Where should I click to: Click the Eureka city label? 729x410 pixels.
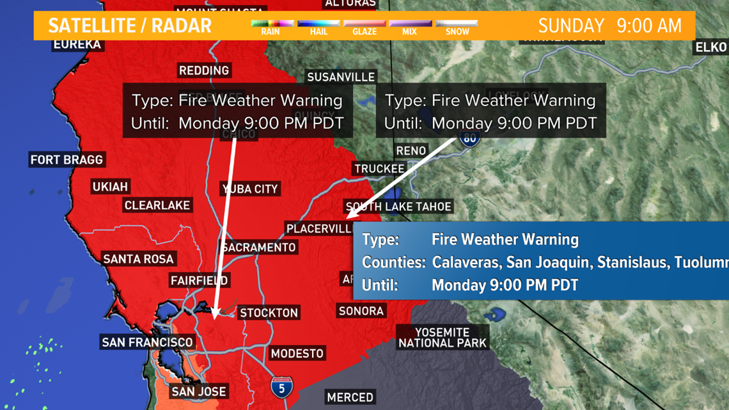[77, 44]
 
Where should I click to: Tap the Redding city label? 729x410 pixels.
[204, 70]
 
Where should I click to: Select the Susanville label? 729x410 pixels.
[341, 77]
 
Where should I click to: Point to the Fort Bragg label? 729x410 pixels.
[67, 160]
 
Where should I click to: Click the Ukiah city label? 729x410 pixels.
[110, 187]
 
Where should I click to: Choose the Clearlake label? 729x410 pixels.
[157, 205]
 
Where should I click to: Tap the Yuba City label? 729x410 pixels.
[250, 189]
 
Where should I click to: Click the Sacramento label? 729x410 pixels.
[259, 247]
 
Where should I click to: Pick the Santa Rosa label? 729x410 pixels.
[138, 258]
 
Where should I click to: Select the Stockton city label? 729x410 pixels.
[269, 313]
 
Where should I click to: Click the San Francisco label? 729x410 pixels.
[147, 342]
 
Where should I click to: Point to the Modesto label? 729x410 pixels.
[297, 353]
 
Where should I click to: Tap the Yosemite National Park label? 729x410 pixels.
[443, 338]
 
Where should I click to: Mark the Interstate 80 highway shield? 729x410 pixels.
[470, 139]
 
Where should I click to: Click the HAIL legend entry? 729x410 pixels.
[318, 26]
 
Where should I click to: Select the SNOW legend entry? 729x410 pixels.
[457, 26]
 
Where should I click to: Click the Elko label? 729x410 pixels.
[711, 47]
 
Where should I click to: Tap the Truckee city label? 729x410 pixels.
[379, 169]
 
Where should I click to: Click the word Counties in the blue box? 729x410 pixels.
[394, 262]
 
